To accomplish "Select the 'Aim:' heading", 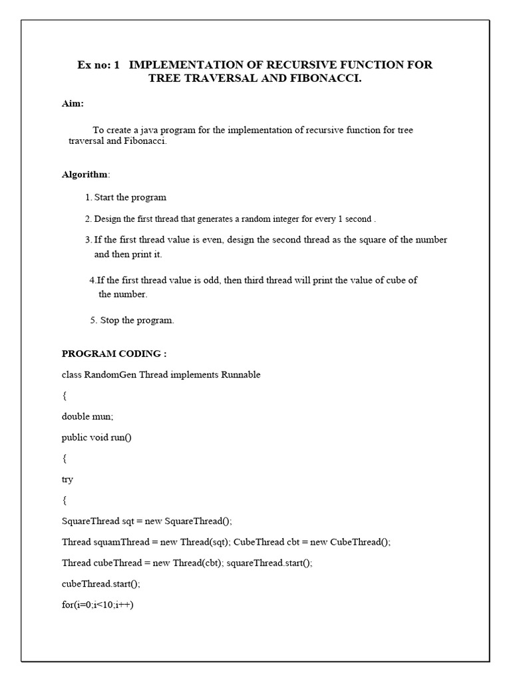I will pyautogui.click(x=73, y=104).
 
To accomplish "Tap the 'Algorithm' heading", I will pyautogui.click(x=85, y=174).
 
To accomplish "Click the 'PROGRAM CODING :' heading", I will pyautogui.click(x=114, y=354).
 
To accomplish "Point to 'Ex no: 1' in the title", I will pyautogui.click(x=98, y=65).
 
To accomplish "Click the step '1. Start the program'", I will pyautogui.click(x=126, y=197).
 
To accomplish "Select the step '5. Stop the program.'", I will pyautogui.click(x=132, y=320).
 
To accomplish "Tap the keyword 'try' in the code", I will pyautogui.click(x=68, y=479).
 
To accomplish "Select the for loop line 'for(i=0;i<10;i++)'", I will pyautogui.click(x=98, y=604).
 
